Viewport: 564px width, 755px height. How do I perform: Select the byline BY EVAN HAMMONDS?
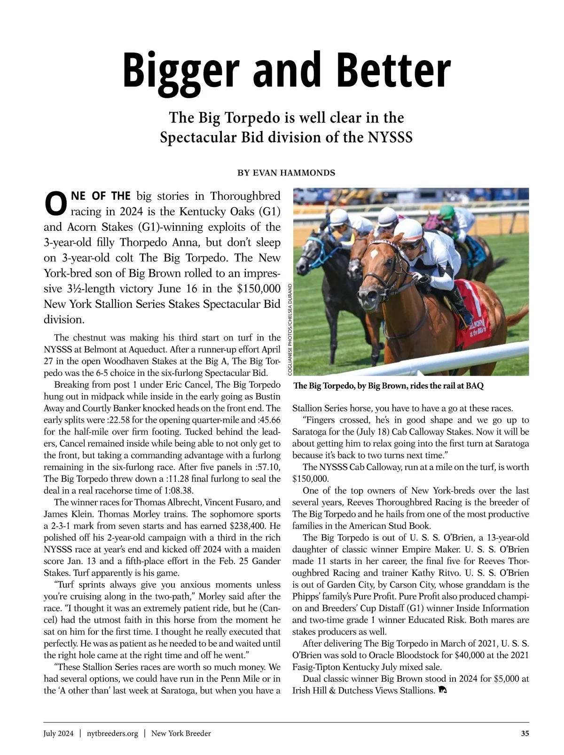(286, 173)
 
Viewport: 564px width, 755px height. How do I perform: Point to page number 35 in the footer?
(525, 733)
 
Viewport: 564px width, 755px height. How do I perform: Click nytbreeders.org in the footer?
(112, 733)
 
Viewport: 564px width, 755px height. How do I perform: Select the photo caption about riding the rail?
(388, 386)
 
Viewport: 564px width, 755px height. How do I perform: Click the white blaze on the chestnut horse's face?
(374, 254)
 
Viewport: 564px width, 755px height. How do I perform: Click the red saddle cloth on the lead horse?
(473, 310)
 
